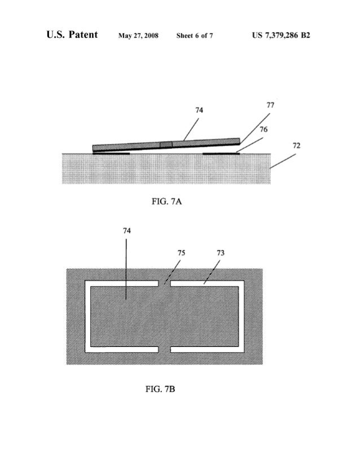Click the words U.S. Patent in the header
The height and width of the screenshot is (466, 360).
coord(72,36)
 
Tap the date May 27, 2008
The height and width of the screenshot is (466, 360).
coord(138,36)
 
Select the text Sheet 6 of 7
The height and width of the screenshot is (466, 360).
coord(195,36)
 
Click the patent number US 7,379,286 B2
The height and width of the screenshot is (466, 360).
coord(282,36)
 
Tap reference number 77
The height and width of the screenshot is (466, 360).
coord(270,105)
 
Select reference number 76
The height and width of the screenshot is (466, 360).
coord(263,129)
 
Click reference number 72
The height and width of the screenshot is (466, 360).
coord(296,146)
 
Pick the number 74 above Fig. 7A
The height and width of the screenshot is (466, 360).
coord(199,111)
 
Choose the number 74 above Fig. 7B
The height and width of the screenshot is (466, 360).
coord(126,230)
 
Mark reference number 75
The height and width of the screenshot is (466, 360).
coord(181,253)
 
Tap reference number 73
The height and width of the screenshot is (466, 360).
coord(220,253)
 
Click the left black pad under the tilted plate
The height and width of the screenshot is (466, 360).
coord(112,152)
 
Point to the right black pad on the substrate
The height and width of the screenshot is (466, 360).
coord(221,152)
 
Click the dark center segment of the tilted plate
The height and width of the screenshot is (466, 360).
coord(166,144)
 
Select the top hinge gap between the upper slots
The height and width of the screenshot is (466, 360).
coord(164,283)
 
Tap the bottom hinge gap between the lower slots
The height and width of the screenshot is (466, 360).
coord(164,350)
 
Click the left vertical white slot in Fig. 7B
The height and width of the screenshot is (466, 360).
coord(87,316)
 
